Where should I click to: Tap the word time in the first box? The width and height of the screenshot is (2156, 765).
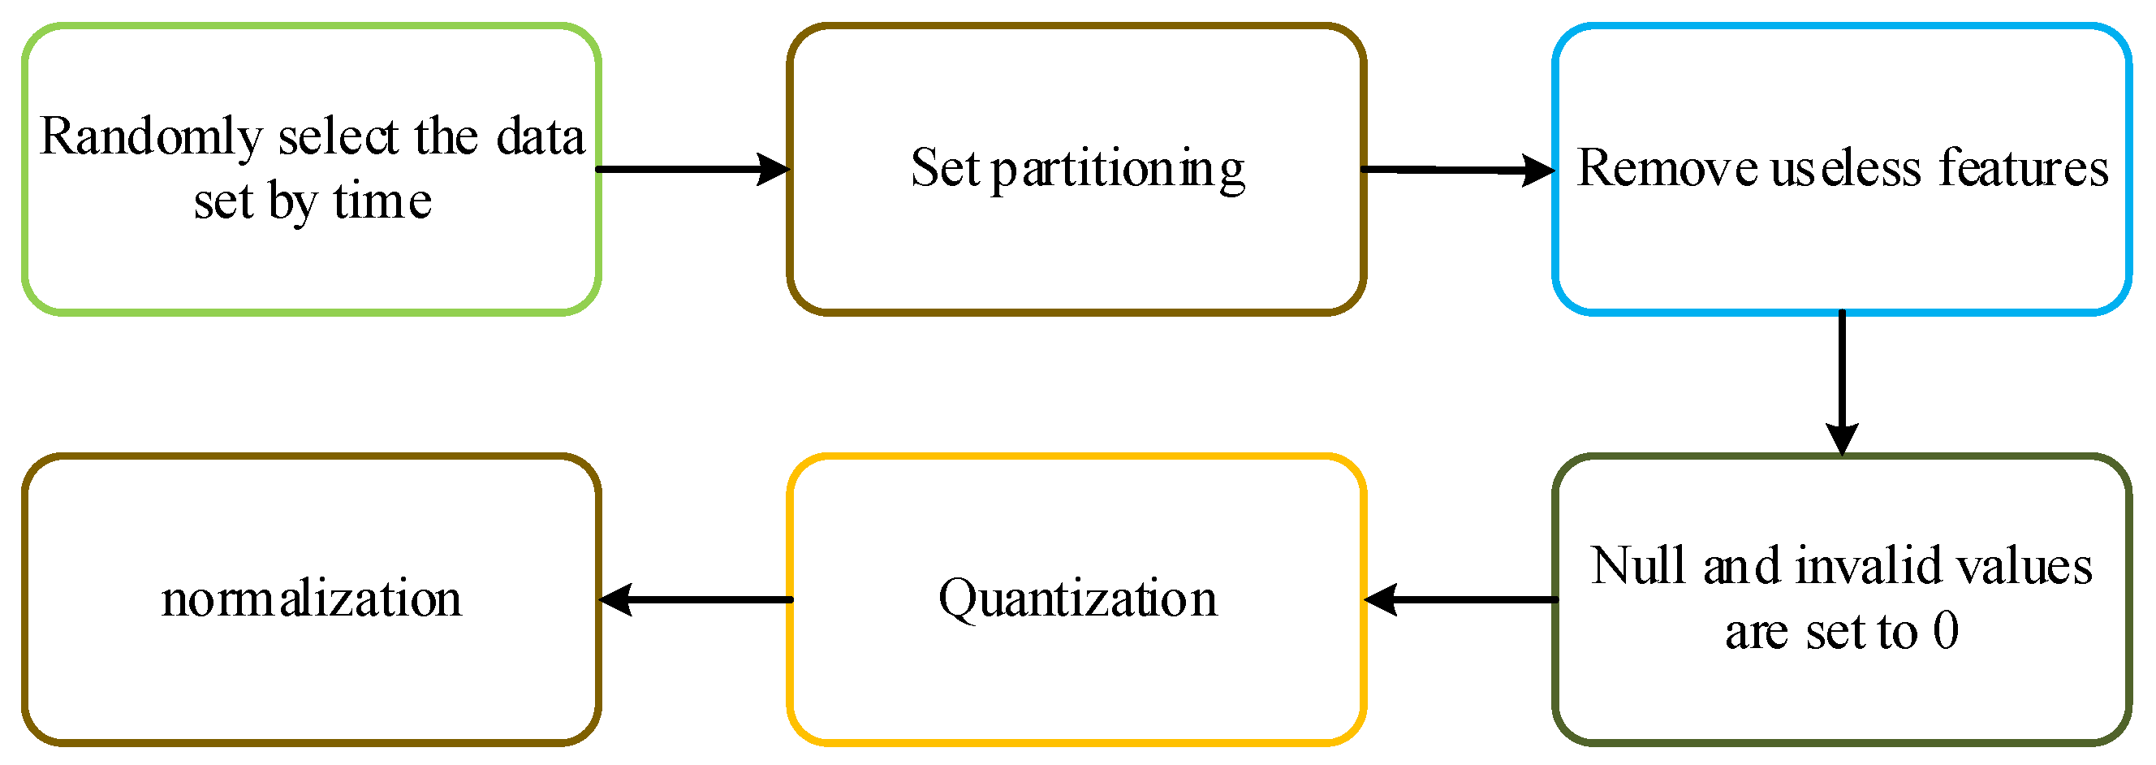click(x=382, y=202)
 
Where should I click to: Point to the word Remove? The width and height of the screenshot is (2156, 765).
click(x=1666, y=168)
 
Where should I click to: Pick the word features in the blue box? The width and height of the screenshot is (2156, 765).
click(x=2023, y=168)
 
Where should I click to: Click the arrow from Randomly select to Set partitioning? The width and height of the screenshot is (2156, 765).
click(x=692, y=170)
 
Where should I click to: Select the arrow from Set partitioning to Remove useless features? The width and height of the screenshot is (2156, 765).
click(x=1457, y=171)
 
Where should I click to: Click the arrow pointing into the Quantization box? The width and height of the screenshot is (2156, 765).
click(x=1460, y=600)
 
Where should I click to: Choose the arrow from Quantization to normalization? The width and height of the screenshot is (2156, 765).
click(x=695, y=600)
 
